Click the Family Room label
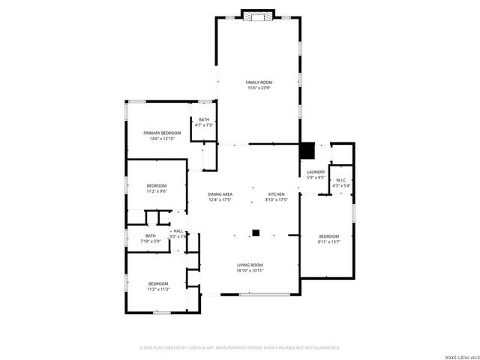[259, 82]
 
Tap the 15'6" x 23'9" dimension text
[259, 88]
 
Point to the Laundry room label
[316, 172]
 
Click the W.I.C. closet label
[341, 179]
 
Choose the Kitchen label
[277, 194]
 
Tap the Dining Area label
[220, 194]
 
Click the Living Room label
[250, 265]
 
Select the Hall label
[178, 231]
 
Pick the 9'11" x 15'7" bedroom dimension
[329, 241]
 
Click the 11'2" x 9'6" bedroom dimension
[156, 191]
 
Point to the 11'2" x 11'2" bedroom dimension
[158, 289]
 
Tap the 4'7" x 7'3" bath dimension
[204, 125]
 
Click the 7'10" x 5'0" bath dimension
[151, 241]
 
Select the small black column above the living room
[256, 233]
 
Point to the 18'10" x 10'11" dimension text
[250, 271]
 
